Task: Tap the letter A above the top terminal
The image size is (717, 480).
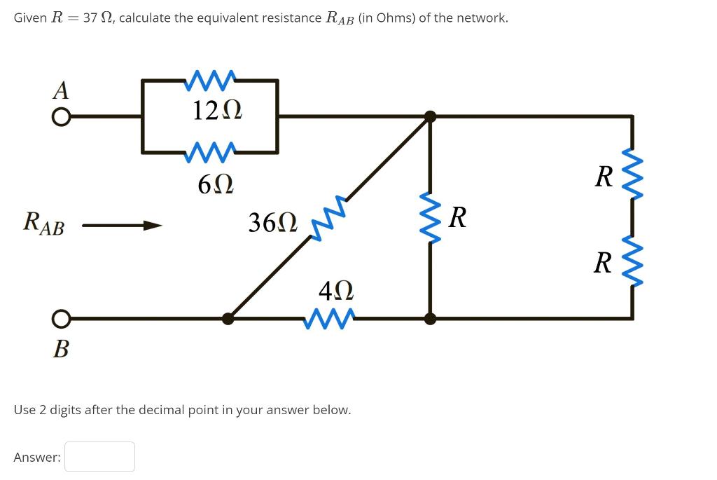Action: pos(62,90)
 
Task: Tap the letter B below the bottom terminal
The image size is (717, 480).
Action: pos(61,348)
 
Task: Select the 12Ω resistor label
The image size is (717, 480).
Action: pos(209,110)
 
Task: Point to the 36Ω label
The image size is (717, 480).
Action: pos(273,223)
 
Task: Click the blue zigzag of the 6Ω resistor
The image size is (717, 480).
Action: pos(210,152)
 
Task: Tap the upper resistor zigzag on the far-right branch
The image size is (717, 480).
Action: pos(633,173)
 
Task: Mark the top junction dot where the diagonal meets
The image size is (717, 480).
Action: pos(430,117)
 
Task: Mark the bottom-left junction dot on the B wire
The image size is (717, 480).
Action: pos(228,319)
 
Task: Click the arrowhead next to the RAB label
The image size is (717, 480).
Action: pos(152,226)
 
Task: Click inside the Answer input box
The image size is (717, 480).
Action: pos(100,457)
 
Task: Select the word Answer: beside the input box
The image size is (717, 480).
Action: pos(37,458)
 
